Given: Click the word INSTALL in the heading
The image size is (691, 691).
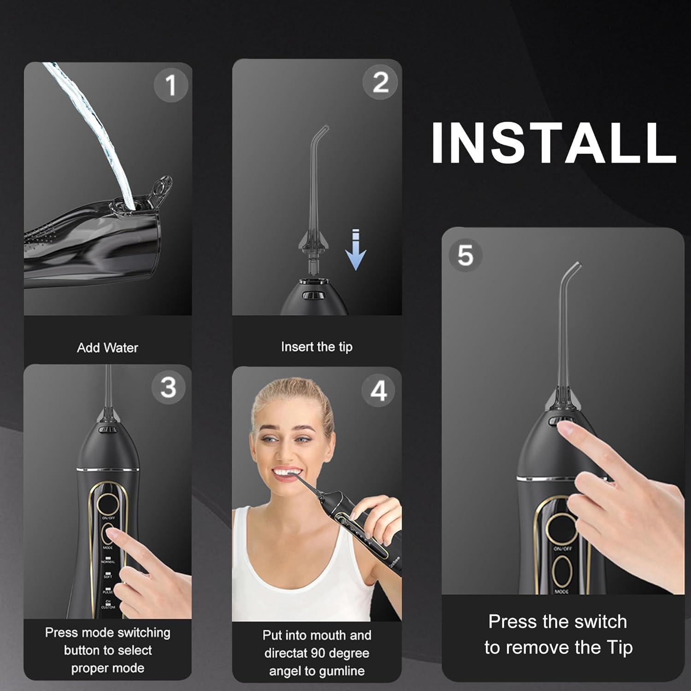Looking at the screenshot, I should tap(553, 142).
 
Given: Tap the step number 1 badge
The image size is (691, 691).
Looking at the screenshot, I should tap(171, 85).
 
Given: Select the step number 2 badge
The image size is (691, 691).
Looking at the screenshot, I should tap(380, 83).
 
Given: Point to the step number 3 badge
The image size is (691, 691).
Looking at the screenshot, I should tap(168, 387).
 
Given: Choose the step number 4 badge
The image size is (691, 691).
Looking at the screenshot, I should tap(379, 391).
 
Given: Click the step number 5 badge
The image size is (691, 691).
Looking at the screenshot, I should tap(465, 254).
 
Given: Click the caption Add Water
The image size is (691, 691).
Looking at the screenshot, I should tap(107, 348).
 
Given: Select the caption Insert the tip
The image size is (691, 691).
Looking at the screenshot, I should tap(316, 346).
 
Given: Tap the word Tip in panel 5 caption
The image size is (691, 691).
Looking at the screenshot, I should tap(620, 648).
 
